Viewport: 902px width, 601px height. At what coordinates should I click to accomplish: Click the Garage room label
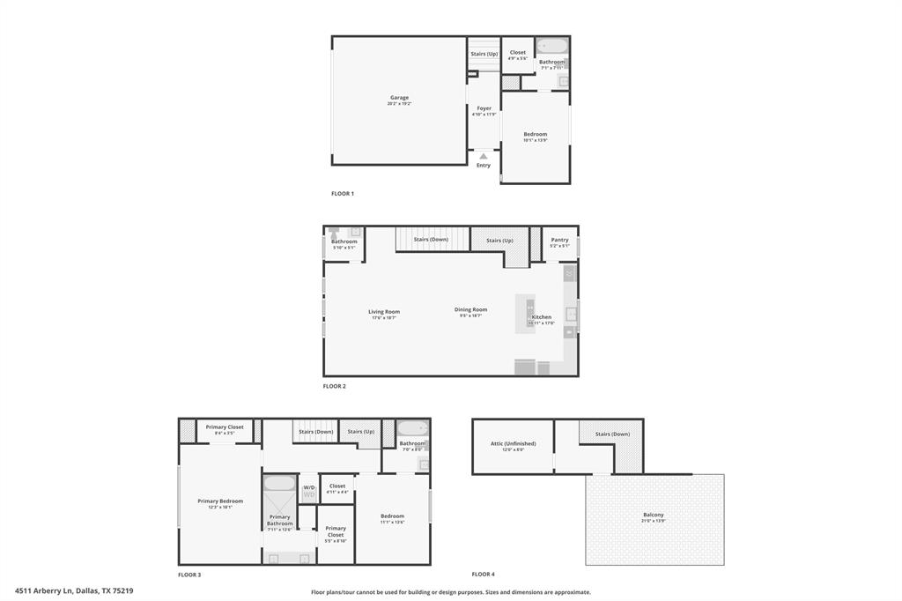399,98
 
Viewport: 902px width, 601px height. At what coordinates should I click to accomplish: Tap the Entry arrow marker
483,157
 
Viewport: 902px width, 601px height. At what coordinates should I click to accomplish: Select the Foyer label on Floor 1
484,108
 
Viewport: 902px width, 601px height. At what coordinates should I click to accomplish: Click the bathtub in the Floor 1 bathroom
553,46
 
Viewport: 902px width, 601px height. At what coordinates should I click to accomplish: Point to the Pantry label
559,240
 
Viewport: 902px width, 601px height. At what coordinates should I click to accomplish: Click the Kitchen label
542,317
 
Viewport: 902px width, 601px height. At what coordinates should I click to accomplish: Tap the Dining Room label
470,309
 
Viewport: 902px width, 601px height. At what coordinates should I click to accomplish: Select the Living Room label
384,311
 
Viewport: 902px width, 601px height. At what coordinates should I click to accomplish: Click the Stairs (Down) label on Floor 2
431,240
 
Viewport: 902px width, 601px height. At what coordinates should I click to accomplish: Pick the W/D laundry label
309,487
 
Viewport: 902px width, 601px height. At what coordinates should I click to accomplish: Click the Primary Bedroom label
220,501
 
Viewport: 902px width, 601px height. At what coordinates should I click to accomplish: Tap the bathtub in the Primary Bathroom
280,483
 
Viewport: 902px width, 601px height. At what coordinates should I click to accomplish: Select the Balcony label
654,515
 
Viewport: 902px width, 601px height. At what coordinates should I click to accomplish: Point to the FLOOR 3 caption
189,575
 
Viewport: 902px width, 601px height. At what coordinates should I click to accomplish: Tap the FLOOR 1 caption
343,193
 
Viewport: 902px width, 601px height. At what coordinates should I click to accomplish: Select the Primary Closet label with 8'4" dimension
225,427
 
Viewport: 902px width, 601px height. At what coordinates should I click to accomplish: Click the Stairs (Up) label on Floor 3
360,431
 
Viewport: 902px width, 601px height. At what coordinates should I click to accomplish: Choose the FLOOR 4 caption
483,575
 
